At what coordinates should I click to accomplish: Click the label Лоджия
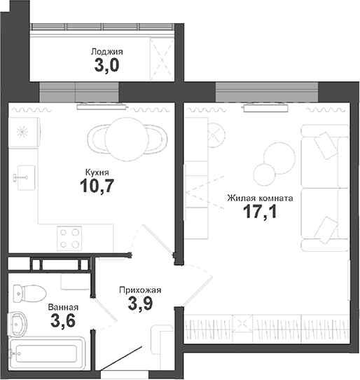coord(106,51)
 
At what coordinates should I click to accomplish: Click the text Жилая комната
coord(259,198)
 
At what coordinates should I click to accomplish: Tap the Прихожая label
coord(139,290)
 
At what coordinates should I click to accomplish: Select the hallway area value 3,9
coord(139,304)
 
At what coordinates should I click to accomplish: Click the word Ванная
coord(62,307)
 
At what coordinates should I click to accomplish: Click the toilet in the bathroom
coord(28,292)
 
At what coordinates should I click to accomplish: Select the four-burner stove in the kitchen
coord(69,238)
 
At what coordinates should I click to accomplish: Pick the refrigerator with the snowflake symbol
coord(24,131)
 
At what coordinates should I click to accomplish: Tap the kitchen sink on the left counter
coord(25,175)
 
